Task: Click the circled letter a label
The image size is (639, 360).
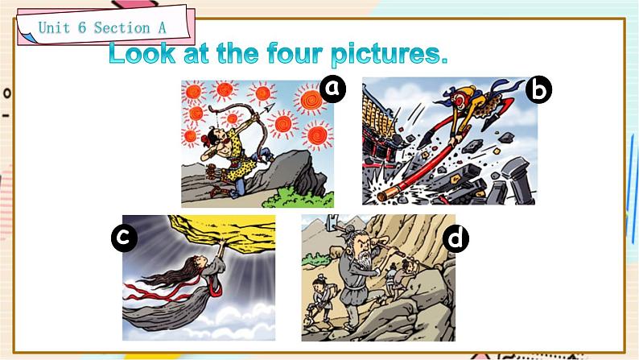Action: point(333,89)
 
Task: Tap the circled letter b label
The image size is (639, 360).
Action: point(538,90)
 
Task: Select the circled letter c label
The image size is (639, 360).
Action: point(124,238)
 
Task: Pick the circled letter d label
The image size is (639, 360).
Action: point(456,239)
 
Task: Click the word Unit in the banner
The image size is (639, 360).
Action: point(54,27)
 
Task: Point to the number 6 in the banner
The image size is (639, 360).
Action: point(82,27)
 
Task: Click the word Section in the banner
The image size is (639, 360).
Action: point(122,27)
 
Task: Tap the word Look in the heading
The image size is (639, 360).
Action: point(142,54)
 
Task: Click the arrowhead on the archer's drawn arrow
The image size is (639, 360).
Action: point(270,108)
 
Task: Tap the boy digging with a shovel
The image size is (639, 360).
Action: point(321,299)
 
